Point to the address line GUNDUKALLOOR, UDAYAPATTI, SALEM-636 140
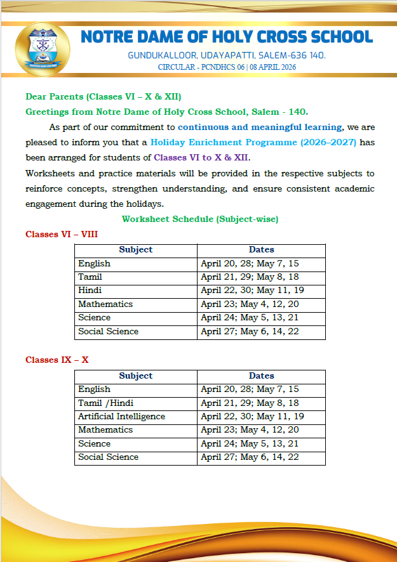[x=227, y=55]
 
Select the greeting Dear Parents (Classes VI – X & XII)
[x=104, y=96]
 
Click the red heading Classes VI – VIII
[x=62, y=234]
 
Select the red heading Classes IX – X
[x=57, y=360]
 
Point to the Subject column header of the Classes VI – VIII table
[x=135, y=250]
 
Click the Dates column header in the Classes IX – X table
[x=261, y=376]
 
